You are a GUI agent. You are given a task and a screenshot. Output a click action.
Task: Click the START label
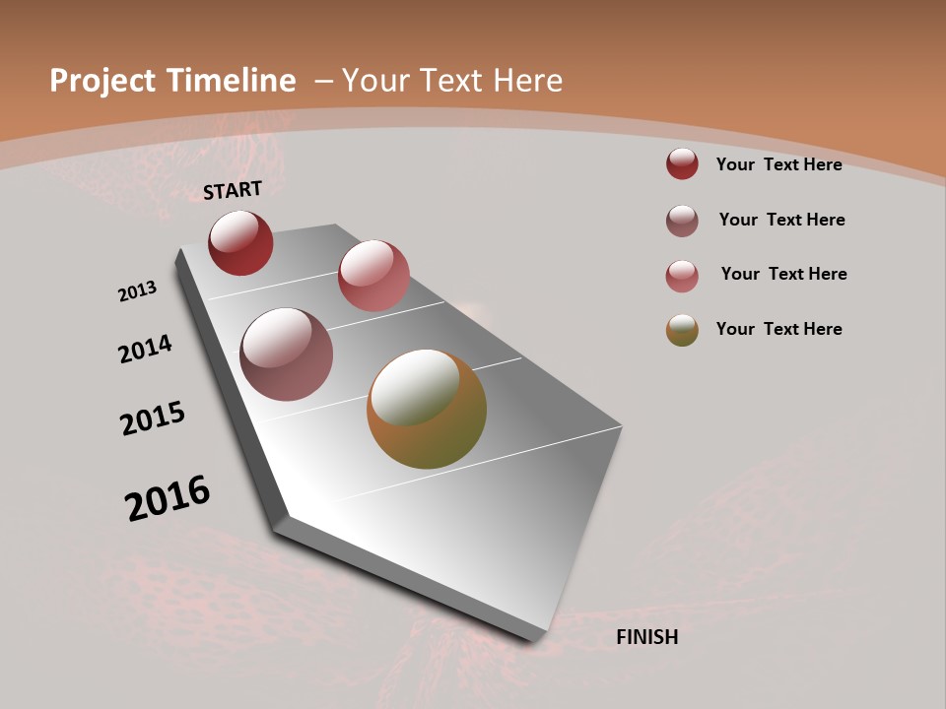tap(233, 190)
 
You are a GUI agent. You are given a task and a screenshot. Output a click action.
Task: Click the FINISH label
tap(647, 637)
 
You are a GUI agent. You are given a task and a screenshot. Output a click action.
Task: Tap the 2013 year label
tap(137, 291)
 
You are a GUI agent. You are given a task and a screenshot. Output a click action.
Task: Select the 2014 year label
tap(145, 349)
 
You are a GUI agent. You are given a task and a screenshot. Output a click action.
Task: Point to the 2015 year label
tap(153, 419)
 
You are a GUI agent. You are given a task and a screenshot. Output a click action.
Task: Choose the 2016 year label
tap(168, 498)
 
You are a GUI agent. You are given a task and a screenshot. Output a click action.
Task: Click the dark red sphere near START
tap(240, 243)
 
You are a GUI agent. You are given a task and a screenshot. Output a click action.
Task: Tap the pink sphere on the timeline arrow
tap(373, 276)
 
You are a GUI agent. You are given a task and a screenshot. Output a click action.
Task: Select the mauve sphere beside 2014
tap(287, 354)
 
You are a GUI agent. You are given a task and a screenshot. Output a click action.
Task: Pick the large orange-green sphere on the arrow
tap(427, 409)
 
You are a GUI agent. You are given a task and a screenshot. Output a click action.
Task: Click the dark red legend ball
tap(682, 163)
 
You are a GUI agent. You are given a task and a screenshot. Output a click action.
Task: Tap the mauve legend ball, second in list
tap(682, 221)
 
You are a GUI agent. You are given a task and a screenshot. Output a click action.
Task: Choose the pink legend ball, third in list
tap(682, 276)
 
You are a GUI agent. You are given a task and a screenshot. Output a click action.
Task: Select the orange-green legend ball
tap(682, 330)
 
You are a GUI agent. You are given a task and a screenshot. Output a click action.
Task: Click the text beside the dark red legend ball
tap(778, 164)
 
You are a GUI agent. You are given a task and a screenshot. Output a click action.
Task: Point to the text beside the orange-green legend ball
tap(778, 329)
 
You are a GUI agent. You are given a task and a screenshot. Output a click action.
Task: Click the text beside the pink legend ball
tap(783, 274)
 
